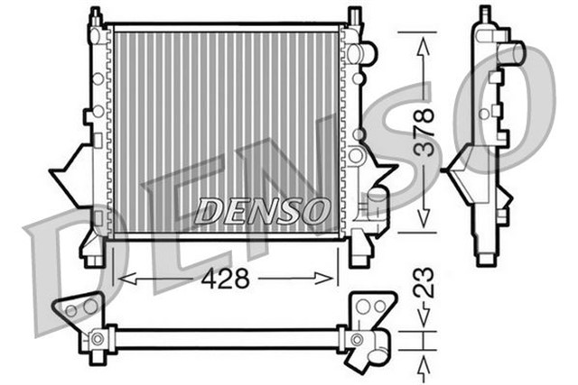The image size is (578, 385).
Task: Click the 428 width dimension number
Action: click(227, 279)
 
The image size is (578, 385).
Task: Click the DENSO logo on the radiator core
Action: click(261, 211)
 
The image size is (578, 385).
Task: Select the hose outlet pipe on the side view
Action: click(514, 51)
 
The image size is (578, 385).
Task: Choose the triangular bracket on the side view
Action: click(461, 164)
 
